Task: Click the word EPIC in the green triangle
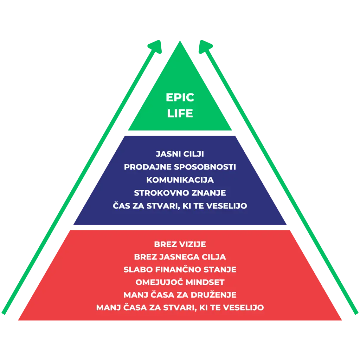[x=180, y=97]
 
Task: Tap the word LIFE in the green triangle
[x=180, y=114]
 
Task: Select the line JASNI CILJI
[x=180, y=154]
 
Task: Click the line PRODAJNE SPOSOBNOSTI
[x=180, y=167]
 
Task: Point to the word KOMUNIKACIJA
[x=180, y=180]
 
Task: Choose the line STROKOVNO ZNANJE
[x=180, y=193]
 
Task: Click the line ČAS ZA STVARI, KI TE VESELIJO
[x=180, y=205]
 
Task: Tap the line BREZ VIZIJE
[x=180, y=244]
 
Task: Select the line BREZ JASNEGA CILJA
[x=180, y=257]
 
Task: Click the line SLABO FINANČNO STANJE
[x=180, y=269]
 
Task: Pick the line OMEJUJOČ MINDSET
[x=180, y=282]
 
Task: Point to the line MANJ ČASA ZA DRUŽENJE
[x=180, y=295]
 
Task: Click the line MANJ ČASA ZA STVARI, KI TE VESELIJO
[x=180, y=307]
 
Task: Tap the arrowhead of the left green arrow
[x=156, y=46]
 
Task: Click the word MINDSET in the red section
[x=205, y=282]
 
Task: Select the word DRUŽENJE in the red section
[x=213, y=295]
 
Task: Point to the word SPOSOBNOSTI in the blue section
[x=205, y=167]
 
